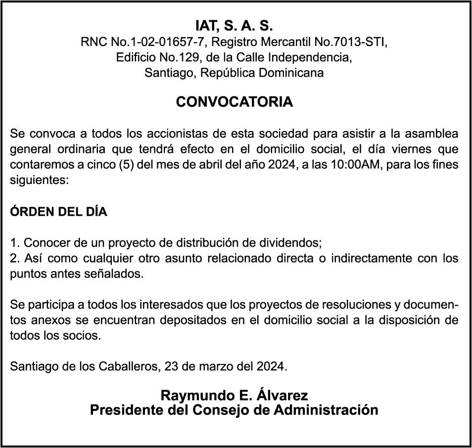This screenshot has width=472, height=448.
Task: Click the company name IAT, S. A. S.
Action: (x=235, y=26)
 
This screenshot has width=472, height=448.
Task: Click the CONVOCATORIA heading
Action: (x=235, y=102)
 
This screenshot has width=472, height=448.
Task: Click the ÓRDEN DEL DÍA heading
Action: (x=58, y=212)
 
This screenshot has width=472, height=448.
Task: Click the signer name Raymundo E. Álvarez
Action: (x=235, y=396)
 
